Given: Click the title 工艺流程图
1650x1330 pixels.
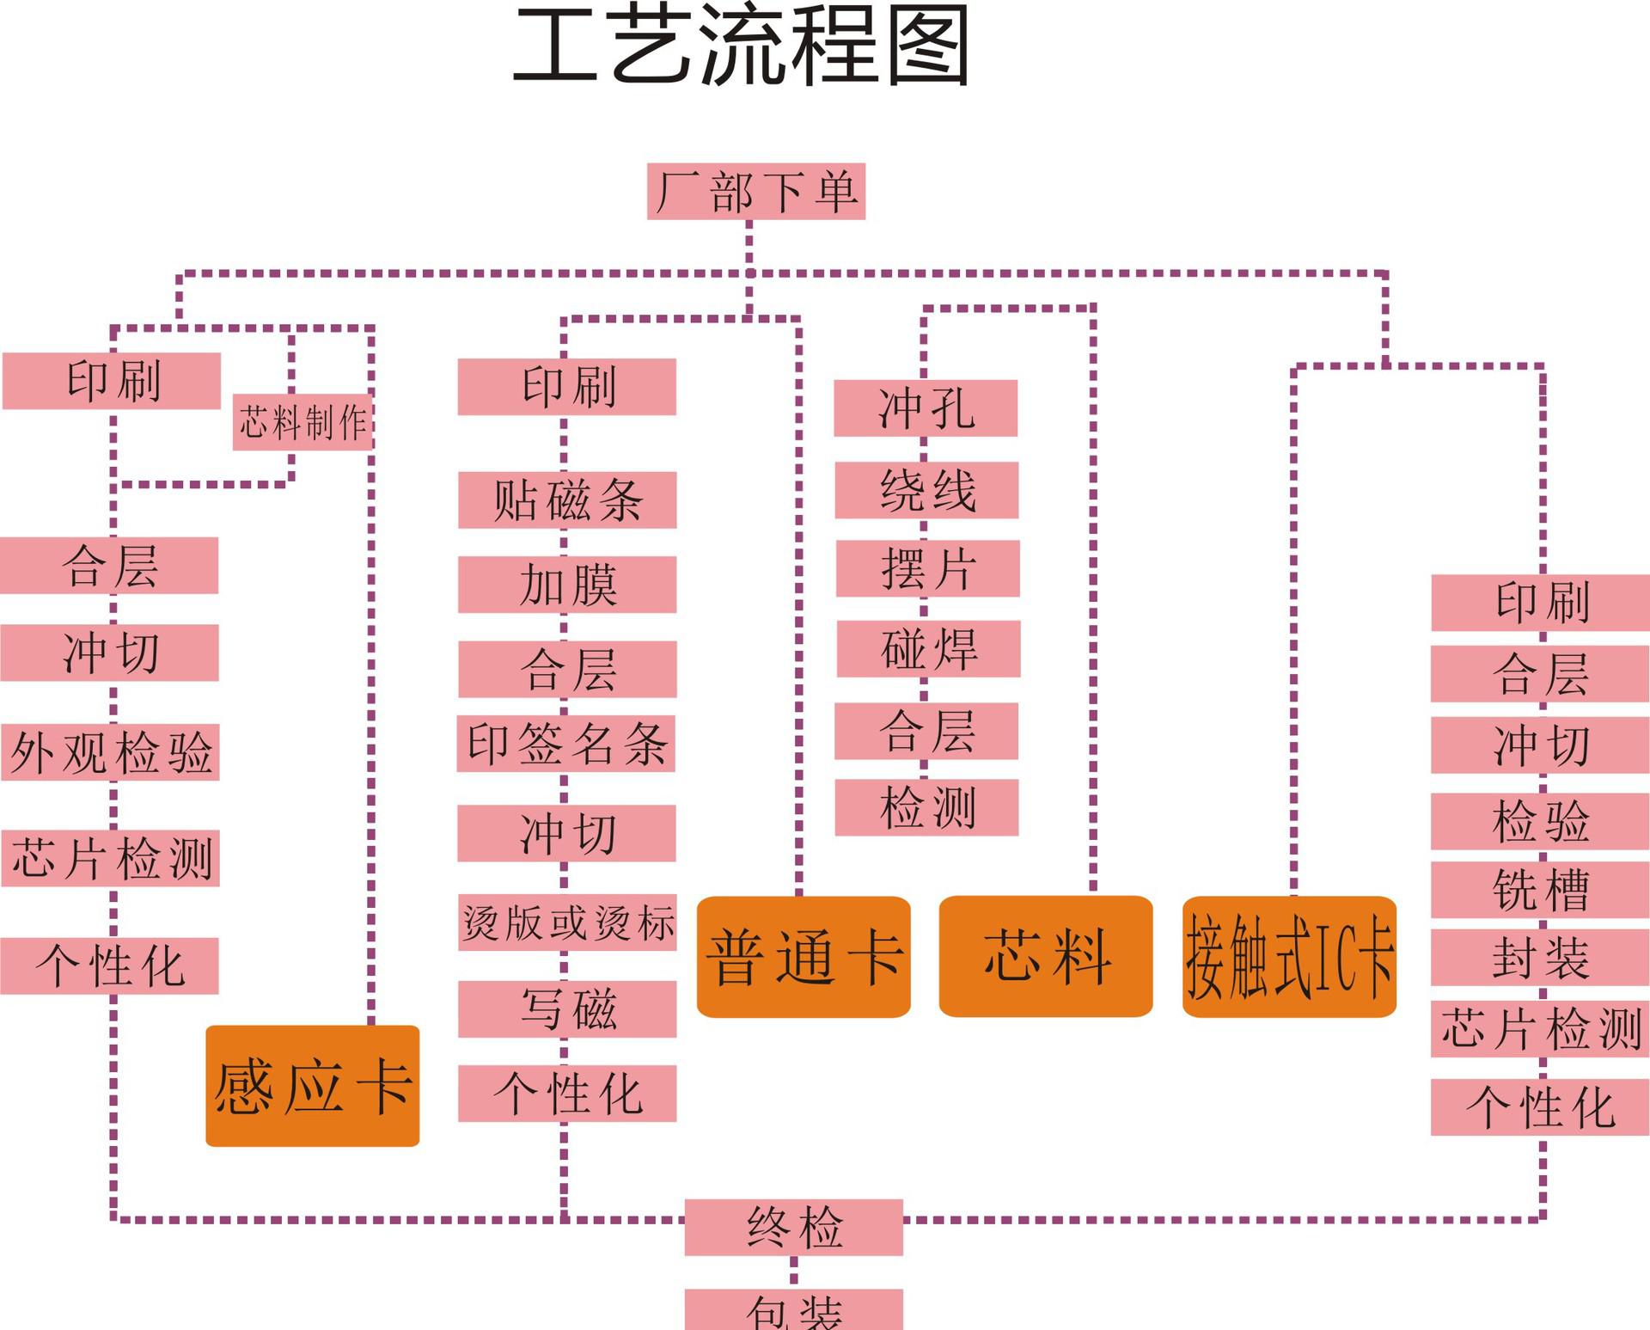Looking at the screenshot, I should click(x=741, y=45).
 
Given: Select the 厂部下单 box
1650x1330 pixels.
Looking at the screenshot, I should click(x=755, y=191).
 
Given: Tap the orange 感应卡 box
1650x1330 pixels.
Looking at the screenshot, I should click(x=312, y=1085).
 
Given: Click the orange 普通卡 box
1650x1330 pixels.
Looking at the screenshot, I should click(x=803, y=956).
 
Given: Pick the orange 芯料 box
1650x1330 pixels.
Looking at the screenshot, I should click(x=1045, y=956).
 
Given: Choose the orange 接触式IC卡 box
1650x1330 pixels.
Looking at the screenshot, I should click(x=1288, y=956).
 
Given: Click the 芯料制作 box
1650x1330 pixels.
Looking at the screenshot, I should click(x=302, y=422).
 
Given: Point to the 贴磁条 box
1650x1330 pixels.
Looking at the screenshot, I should click(x=567, y=500).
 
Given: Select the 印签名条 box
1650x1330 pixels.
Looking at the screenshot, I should click(x=565, y=744).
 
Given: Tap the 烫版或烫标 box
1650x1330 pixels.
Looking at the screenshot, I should click(x=567, y=922).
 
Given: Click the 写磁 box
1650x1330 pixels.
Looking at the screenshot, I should click(x=567, y=1008).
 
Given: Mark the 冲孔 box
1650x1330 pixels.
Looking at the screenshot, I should click(x=926, y=408).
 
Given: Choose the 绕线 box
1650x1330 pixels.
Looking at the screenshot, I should click(x=926, y=490).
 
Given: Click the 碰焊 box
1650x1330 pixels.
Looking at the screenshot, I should click(x=928, y=648).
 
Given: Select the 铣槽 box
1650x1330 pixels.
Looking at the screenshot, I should click(x=1539, y=889).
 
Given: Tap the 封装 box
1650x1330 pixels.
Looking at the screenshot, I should click(x=1539, y=957).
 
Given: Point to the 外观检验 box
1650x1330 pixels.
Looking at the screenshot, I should click(x=110, y=752).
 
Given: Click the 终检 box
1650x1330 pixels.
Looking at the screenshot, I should click(x=793, y=1227).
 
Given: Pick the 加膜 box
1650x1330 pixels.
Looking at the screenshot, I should click(x=567, y=585).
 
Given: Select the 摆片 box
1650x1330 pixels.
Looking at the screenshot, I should click(x=927, y=568).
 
